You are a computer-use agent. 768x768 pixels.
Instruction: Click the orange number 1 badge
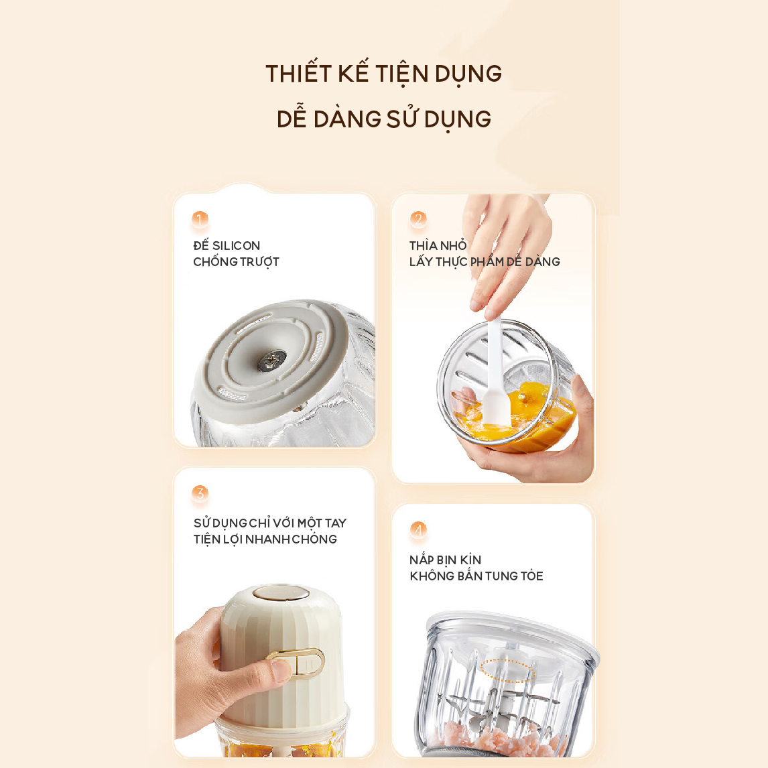200,219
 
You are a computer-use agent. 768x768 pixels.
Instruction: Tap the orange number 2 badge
418,219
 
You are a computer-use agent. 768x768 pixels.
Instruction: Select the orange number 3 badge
200,493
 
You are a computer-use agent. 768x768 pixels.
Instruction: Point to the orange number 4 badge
418,529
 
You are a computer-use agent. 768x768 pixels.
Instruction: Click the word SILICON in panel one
236,245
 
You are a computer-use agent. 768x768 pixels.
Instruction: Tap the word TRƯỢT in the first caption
259,262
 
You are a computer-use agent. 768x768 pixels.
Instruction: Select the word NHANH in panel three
267,539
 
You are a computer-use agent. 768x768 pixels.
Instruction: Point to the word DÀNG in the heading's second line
347,119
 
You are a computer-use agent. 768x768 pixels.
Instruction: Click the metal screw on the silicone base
272,360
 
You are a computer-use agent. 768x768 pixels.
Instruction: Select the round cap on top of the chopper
281,592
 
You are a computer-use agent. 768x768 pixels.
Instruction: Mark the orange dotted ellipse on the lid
506,670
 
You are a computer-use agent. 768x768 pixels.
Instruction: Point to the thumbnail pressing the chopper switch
281,670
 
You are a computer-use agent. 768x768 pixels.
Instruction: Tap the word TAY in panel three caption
335,523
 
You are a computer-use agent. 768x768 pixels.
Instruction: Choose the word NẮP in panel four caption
422,560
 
